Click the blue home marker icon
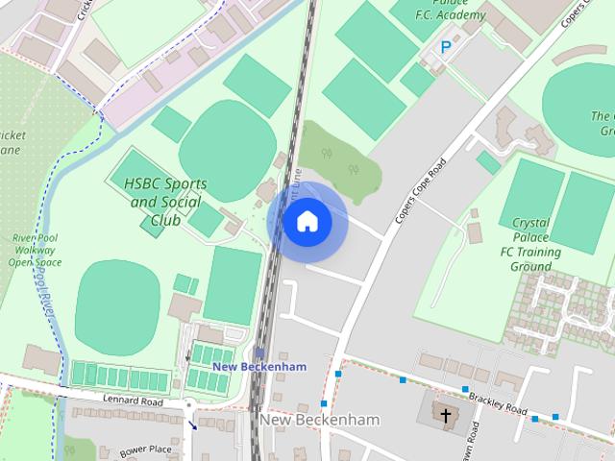[307, 222]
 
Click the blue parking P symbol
[445, 46]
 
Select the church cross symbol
[445, 416]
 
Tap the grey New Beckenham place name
[318, 421]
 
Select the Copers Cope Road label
[422, 193]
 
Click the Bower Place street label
[145, 449]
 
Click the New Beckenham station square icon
[259, 352]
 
